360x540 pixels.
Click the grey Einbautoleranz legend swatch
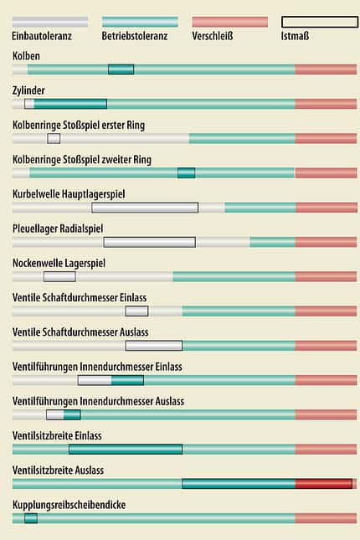pos(50,22)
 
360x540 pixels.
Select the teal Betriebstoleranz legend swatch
pos(140,22)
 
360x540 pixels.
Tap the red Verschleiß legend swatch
pos(229,22)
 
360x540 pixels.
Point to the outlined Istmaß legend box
pos(320,22)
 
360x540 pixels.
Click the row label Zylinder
pos(28,90)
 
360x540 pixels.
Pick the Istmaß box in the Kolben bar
pos(121,69)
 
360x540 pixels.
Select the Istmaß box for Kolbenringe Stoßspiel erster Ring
pos(54,138)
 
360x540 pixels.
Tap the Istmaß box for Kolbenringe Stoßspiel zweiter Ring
pos(187,172)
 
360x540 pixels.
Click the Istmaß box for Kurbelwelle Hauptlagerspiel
pos(145,208)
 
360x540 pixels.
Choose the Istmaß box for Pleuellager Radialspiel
pos(150,242)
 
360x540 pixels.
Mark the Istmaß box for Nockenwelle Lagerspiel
pos(59,276)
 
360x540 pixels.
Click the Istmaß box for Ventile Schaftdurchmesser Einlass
pos(136,311)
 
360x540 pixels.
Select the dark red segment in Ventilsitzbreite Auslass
pos(324,484)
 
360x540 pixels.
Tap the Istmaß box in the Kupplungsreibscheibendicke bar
pos(31,518)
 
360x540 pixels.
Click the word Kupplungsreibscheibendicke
pos(69,505)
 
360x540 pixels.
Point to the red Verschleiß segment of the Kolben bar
pos(326,69)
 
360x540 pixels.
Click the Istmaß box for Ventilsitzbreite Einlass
pos(126,449)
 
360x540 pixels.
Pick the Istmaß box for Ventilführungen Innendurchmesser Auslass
pos(64,414)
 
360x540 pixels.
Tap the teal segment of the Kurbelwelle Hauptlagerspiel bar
pos(260,208)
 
